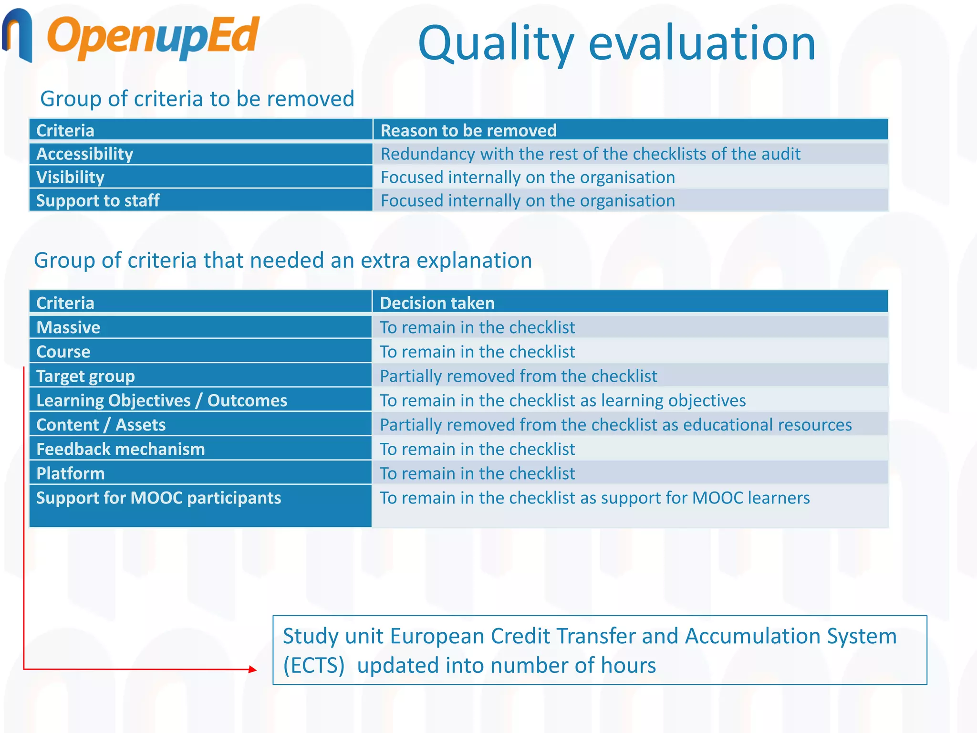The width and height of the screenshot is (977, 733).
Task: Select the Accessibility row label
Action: coord(85,154)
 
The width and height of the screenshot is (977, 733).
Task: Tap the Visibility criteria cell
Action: coord(71,178)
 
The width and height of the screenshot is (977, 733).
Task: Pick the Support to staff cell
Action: coord(98,201)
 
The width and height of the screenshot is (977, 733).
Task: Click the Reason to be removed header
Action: coord(468,130)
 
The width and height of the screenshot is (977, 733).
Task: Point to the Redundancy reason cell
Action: coord(590,154)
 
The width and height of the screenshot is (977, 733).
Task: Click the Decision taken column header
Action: coord(437,303)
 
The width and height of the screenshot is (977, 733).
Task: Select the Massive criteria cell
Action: coord(68,327)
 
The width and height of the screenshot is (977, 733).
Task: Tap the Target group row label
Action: coord(86,376)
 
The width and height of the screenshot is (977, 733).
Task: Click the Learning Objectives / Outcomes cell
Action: coord(162,400)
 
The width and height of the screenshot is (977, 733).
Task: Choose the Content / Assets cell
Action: coord(101,425)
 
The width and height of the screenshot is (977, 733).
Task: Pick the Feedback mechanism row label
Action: coord(121,449)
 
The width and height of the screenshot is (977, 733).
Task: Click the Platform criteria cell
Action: coord(71,473)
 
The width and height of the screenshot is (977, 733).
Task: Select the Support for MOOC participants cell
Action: coord(158,498)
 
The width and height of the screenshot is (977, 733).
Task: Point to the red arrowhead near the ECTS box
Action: coord(253,670)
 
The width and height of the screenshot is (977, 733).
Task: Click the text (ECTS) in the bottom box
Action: coord(313,665)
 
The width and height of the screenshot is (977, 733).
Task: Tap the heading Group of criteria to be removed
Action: coord(197,99)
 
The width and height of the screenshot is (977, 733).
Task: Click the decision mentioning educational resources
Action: coord(615,425)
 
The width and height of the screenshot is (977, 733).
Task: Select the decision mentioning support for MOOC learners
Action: coord(594,498)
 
